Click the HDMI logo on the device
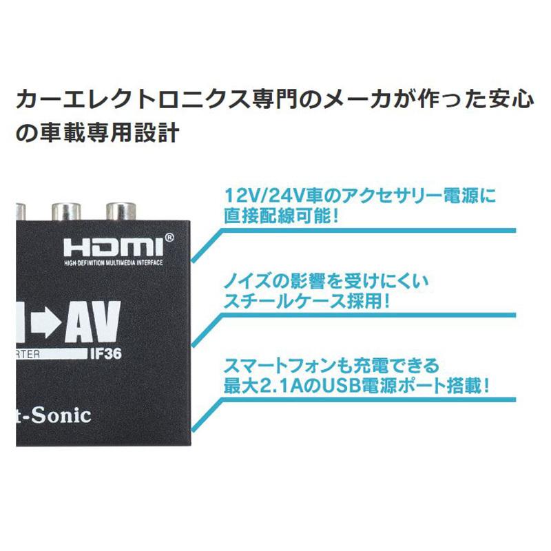[111, 248]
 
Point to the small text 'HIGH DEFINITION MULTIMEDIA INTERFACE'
[112, 264]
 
